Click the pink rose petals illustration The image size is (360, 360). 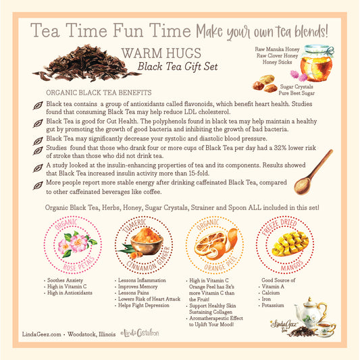pyautogui.click(x=75, y=245)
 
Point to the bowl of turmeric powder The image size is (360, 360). pyautogui.click(x=144, y=242)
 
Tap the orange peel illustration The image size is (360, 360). pyautogui.click(x=215, y=244)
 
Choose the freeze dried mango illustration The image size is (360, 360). pyautogui.click(x=290, y=243)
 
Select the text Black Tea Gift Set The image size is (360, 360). pyautogui.click(x=176, y=67)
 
